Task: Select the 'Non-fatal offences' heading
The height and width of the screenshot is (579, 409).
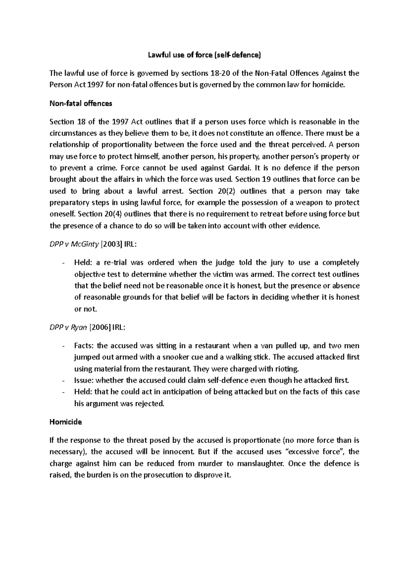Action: point(81,103)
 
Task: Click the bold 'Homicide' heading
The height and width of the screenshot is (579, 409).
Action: point(66,422)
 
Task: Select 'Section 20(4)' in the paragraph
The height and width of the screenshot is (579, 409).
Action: point(98,214)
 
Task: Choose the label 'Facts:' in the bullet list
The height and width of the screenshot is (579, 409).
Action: point(84,345)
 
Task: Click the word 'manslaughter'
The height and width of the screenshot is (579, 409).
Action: point(260,463)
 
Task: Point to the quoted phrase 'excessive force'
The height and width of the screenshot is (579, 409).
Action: point(316,452)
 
